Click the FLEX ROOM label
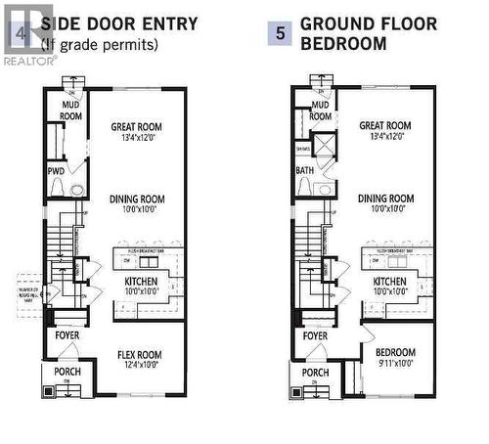[x=137, y=354]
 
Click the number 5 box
[x=279, y=32]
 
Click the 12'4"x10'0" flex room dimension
[x=137, y=366]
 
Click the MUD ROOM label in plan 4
[x=67, y=110]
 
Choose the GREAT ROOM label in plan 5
[x=385, y=126]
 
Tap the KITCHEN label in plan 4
[x=136, y=281]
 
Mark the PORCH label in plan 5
[x=315, y=373]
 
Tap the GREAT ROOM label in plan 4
[x=136, y=126]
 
